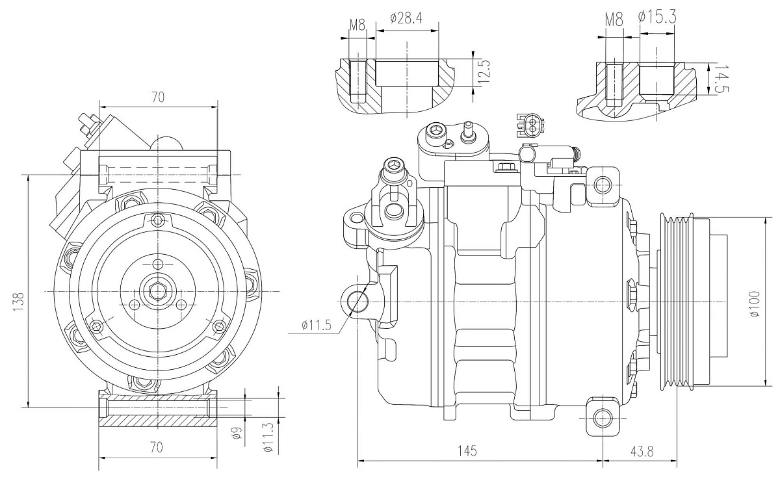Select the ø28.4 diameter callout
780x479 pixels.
pos(406,18)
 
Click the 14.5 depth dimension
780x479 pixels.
pos(718,79)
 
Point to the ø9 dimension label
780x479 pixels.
pos(237,433)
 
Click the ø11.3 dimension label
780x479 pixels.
pos(267,436)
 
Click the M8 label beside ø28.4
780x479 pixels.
pos(357,25)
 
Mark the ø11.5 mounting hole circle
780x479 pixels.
pos(357,301)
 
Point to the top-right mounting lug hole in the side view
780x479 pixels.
pos(603,185)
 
